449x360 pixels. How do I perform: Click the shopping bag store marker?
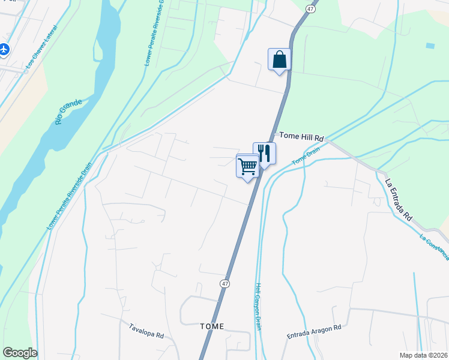coord(279,60)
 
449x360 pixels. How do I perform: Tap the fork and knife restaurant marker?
coord(264,154)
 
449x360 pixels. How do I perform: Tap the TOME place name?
coord(211,326)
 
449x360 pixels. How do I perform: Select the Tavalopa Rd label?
coord(146,331)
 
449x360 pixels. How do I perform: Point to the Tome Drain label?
coord(306,157)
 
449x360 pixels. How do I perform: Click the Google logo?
coord(20,353)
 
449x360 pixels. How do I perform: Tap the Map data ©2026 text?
coord(423,355)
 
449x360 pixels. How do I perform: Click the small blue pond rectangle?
coord(430,46)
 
